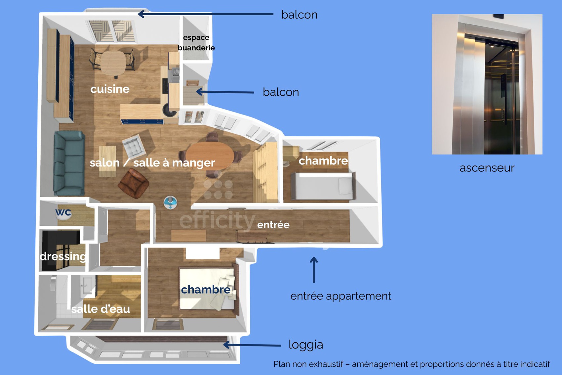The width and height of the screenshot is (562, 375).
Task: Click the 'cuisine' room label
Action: click(110, 89)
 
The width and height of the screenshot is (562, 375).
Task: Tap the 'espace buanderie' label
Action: click(196, 43)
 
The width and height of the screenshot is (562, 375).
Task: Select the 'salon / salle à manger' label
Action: click(152, 163)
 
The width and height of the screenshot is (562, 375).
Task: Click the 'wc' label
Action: click(63, 212)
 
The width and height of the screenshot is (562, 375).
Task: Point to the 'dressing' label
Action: click(63, 256)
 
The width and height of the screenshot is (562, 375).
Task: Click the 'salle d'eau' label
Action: click(101, 309)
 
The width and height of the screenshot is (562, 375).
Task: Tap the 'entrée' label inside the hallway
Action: click(273, 225)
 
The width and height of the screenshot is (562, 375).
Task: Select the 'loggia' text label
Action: click(306, 345)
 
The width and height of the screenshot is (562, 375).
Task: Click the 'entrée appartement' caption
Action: click(341, 296)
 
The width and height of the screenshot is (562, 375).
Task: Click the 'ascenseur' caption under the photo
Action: click(487, 168)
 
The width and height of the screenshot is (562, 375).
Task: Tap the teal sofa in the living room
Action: click(69, 163)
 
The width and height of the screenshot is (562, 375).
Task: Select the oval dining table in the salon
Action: click(210, 155)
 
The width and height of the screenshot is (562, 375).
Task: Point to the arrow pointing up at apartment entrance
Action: click(314, 270)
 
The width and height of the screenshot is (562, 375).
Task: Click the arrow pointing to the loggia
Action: click(252, 345)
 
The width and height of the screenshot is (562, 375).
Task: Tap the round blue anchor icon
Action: click(171, 202)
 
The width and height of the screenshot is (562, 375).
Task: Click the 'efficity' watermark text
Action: click(217, 220)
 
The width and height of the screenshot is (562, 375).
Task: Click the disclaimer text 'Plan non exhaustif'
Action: click(412, 364)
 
